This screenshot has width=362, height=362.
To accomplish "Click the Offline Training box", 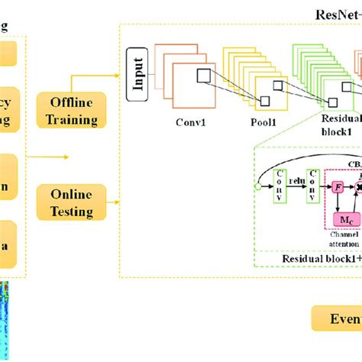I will [74, 110].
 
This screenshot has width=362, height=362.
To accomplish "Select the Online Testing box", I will [74, 203].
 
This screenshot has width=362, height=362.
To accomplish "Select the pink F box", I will [336, 186].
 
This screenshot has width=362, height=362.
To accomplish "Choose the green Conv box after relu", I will [312, 187].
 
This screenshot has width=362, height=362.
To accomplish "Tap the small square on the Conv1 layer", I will [203, 75].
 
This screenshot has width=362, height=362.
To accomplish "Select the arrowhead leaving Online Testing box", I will [116, 203].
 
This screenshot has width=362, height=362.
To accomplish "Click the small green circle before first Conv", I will [258, 186].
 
